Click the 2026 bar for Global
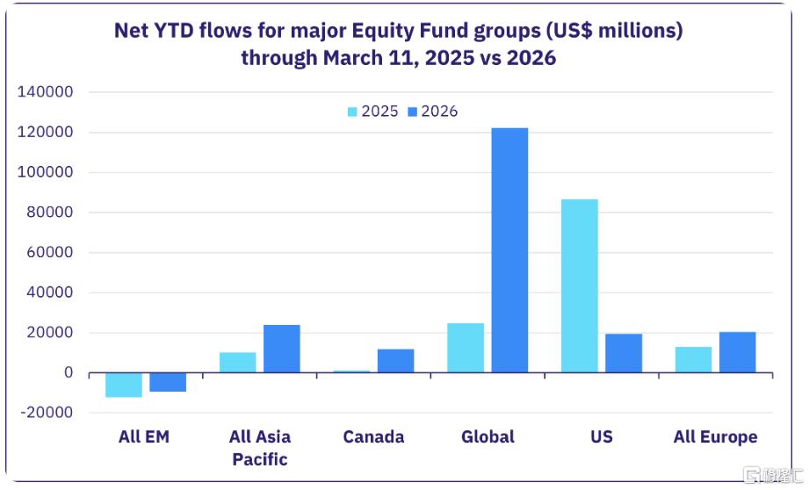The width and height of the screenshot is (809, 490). (509, 250)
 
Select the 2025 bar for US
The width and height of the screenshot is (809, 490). (579, 286)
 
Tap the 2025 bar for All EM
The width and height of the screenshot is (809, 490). (123, 385)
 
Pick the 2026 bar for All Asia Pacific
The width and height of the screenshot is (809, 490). (281, 349)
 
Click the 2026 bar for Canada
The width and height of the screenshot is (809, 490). (395, 361)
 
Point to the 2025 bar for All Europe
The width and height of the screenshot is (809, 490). (693, 360)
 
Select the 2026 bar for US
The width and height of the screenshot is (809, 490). (623, 353)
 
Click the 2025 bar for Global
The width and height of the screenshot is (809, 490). (466, 348)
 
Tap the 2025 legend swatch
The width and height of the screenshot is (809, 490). (353, 112)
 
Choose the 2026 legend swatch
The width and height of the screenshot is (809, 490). (413, 112)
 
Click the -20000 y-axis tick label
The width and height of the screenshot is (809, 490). (44, 414)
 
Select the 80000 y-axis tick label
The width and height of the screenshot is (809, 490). (48, 213)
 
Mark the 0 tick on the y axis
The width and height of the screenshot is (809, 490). (68, 373)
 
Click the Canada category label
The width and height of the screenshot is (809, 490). (373, 436)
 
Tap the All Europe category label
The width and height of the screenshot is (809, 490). (715, 436)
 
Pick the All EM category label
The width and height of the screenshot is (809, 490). (144, 436)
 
